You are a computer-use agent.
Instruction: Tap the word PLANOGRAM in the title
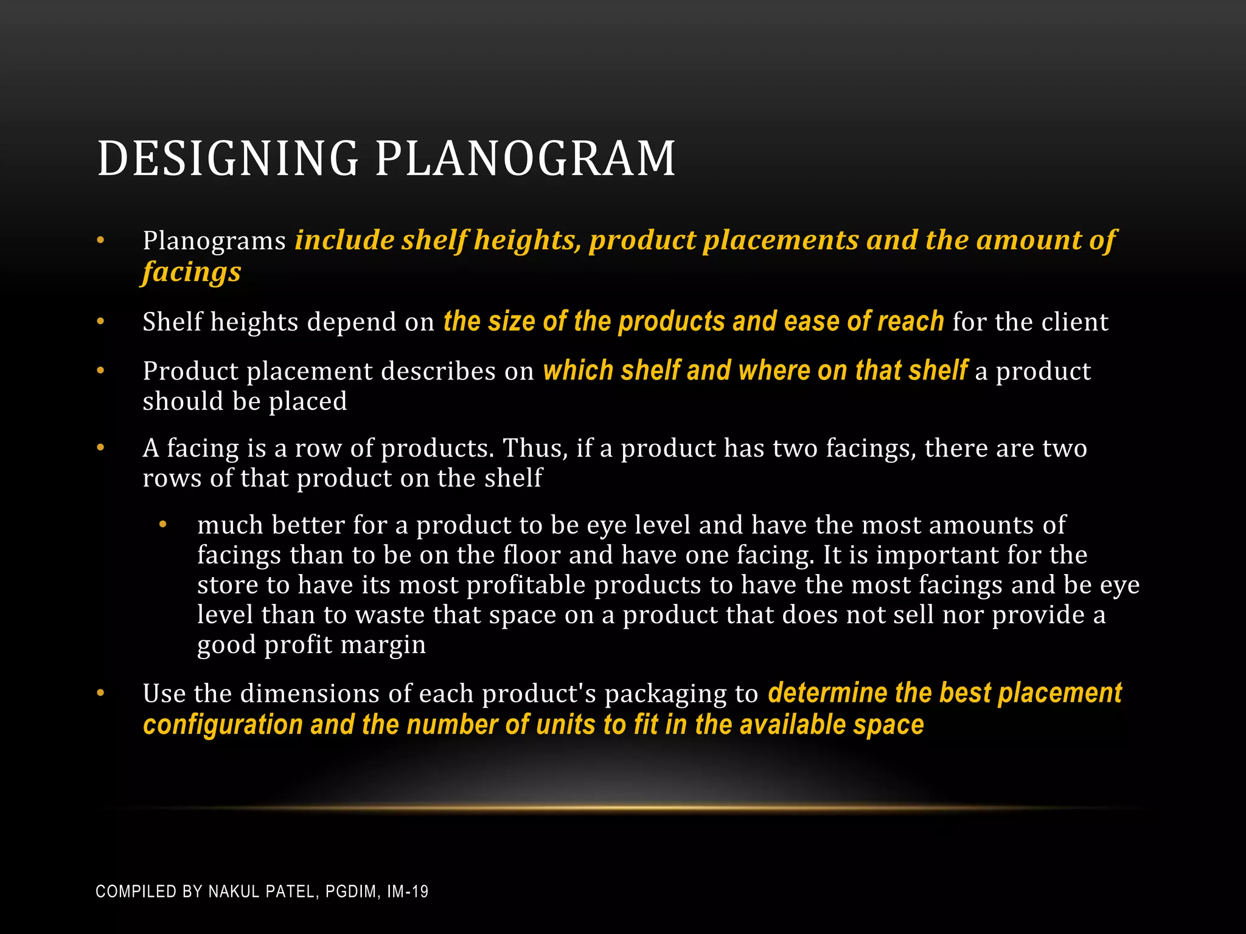coord(525,159)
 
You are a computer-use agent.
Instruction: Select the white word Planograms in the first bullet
coord(214,241)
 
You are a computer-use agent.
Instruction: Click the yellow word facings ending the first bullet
coord(192,272)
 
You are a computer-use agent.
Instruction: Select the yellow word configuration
coord(223,725)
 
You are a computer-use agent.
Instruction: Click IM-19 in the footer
coord(408,891)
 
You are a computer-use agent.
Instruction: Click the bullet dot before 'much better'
coord(162,524)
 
